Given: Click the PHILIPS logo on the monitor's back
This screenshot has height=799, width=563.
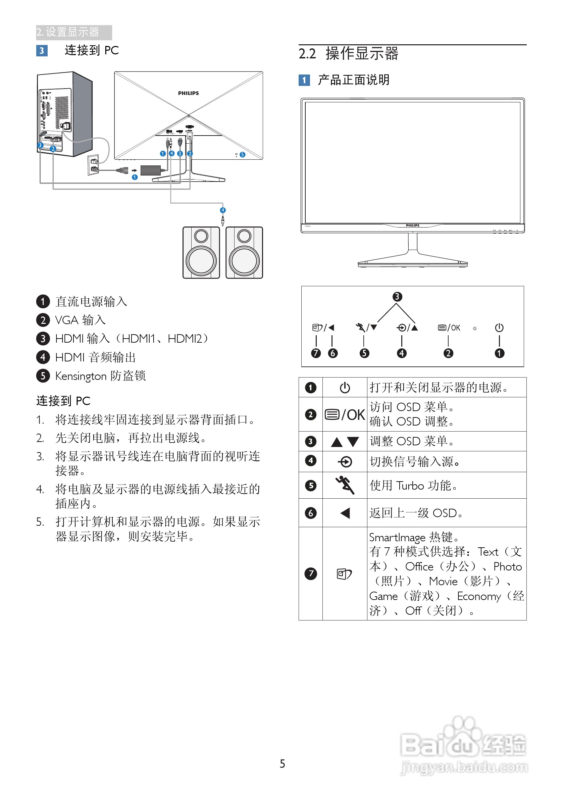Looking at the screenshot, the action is [x=188, y=93].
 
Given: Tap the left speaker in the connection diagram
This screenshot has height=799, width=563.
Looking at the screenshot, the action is [x=201, y=253].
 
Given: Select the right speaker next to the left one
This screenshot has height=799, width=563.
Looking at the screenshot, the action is [x=244, y=253].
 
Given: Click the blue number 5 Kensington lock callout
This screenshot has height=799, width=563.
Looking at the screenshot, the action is [x=243, y=154].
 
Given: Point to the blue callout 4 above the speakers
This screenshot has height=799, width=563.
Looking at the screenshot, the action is [x=223, y=210].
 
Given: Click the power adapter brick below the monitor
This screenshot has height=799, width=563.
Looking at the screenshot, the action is [x=150, y=170].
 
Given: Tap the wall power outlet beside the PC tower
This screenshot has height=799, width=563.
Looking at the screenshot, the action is [x=94, y=165].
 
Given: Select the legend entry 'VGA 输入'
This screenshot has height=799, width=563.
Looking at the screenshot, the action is [x=80, y=320].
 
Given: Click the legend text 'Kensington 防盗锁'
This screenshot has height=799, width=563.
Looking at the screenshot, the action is [x=100, y=376].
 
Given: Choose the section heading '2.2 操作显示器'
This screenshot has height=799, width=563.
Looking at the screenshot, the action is [x=348, y=54].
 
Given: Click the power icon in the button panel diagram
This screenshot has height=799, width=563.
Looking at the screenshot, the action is [x=499, y=328].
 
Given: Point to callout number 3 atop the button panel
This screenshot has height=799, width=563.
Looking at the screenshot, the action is [x=397, y=297].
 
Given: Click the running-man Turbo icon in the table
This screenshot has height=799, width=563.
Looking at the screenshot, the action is [x=345, y=485].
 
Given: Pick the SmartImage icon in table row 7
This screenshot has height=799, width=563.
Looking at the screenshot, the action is [x=344, y=574].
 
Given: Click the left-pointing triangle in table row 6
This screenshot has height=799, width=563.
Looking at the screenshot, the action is [x=345, y=513].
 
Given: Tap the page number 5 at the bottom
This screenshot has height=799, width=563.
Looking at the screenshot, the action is [x=282, y=763].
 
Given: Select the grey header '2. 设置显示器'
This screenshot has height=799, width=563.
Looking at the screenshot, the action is [x=73, y=32].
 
